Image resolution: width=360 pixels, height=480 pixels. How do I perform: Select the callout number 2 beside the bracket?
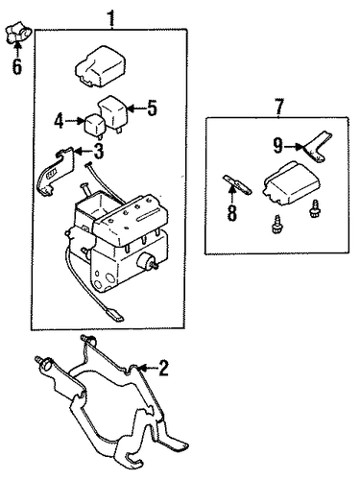(x=163, y=368)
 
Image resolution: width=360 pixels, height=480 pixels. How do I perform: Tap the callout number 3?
(x=99, y=151)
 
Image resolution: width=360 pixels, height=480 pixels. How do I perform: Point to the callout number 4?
(x=60, y=122)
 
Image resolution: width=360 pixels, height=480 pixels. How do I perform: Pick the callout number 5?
(x=152, y=108)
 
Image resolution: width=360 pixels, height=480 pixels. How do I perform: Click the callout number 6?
(x=16, y=66)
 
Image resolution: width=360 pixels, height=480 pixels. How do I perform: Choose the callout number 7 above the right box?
(x=278, y=108)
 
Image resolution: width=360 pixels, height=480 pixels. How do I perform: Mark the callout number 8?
(x=231, y=213)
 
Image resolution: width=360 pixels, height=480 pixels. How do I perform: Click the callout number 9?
(x=278, y=146)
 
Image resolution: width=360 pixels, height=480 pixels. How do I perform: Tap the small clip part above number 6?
(x=18, y=33)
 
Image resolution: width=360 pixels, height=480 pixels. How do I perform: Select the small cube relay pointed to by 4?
(x=93, y=126)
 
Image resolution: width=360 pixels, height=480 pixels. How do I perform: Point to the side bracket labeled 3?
(x=59, y=172)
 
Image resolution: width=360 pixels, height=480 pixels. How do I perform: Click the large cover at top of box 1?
(x=101, y=66)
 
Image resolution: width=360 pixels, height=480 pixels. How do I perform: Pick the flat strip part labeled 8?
(x=237, y=184)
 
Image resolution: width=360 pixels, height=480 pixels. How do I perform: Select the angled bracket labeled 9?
(x=317, y=146)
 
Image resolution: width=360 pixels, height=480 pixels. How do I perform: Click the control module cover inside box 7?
(x=292, y=183)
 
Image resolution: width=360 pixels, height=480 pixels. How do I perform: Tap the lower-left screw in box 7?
(x=276, y=224)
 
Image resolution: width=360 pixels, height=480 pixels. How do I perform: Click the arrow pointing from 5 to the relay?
(x=136, y=109)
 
